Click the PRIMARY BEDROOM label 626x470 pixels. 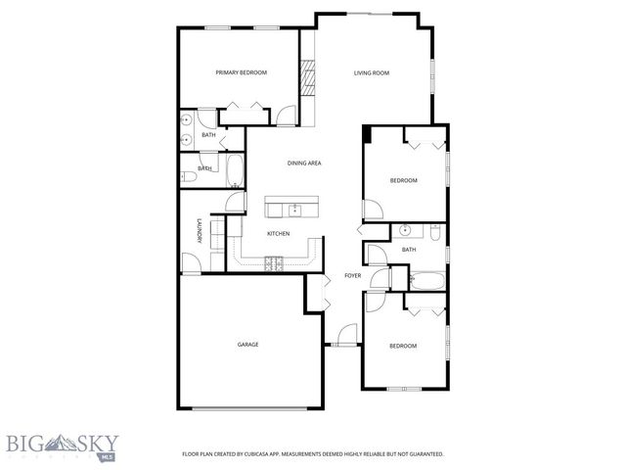coord(241,72)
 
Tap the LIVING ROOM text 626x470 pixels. coord(371,72)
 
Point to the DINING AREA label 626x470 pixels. coord(304,163)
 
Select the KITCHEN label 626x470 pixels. coord(279,233)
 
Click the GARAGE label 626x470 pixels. coord(247,344)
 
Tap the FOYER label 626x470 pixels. coord(352,276)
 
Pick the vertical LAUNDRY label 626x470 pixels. coord(199,231)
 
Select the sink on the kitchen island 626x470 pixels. coord(292,209)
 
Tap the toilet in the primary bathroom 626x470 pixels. coord(187,177)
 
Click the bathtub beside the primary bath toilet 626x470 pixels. coord(235,172)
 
